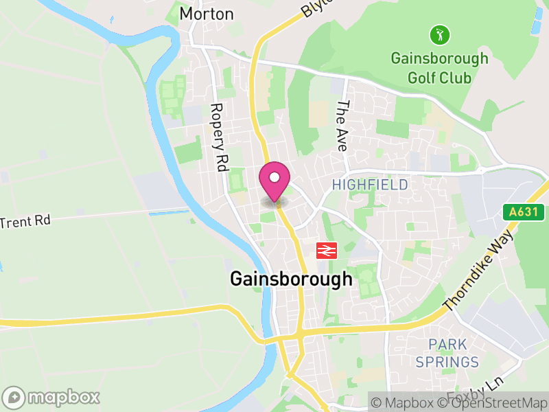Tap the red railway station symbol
(x=326, y=250)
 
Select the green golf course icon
(x=439, y=33)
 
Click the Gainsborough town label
(x=291, y=279)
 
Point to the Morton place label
(x=207, y=14)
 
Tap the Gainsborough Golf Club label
(x=440, y=67)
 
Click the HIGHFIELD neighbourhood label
(x=370, y=185)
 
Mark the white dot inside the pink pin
(x=274, y=177)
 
